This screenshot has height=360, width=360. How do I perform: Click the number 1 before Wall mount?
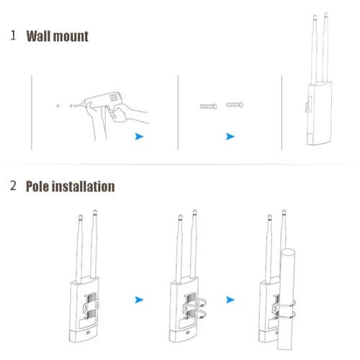(13, 35)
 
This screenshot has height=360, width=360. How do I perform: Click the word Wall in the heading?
(41, 35)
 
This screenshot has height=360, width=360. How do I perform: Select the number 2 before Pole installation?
(13, 186)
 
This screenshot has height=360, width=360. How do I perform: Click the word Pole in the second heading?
(40, 186)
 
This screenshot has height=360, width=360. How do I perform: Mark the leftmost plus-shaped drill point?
(58, 105)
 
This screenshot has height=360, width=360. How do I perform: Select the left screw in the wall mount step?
(207, 107)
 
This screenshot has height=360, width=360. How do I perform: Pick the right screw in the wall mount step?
(235, 105)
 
